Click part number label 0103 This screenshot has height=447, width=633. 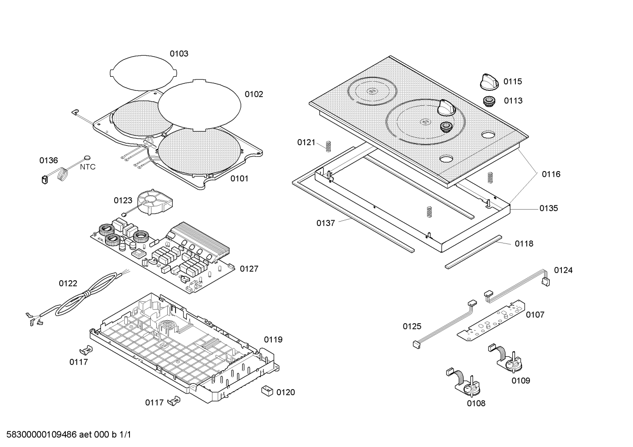(x=179, y=54)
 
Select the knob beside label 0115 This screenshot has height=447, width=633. (x=488, y=81)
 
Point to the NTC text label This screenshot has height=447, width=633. (x=87, y=167)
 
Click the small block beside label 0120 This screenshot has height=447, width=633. (x=266, y=390)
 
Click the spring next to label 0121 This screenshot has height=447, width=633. (x=328, y=146)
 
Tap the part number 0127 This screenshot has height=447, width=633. (x=249, y=269)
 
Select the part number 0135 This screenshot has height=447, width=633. (x=549, y=208)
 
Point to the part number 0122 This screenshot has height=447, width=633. (x=68, y=283)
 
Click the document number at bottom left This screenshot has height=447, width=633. (x=66, y=435)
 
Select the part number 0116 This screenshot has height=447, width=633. (x=551, y=174)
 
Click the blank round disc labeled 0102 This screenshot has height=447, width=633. (x=199, y=105)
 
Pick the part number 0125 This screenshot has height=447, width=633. (x=412, y=326)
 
